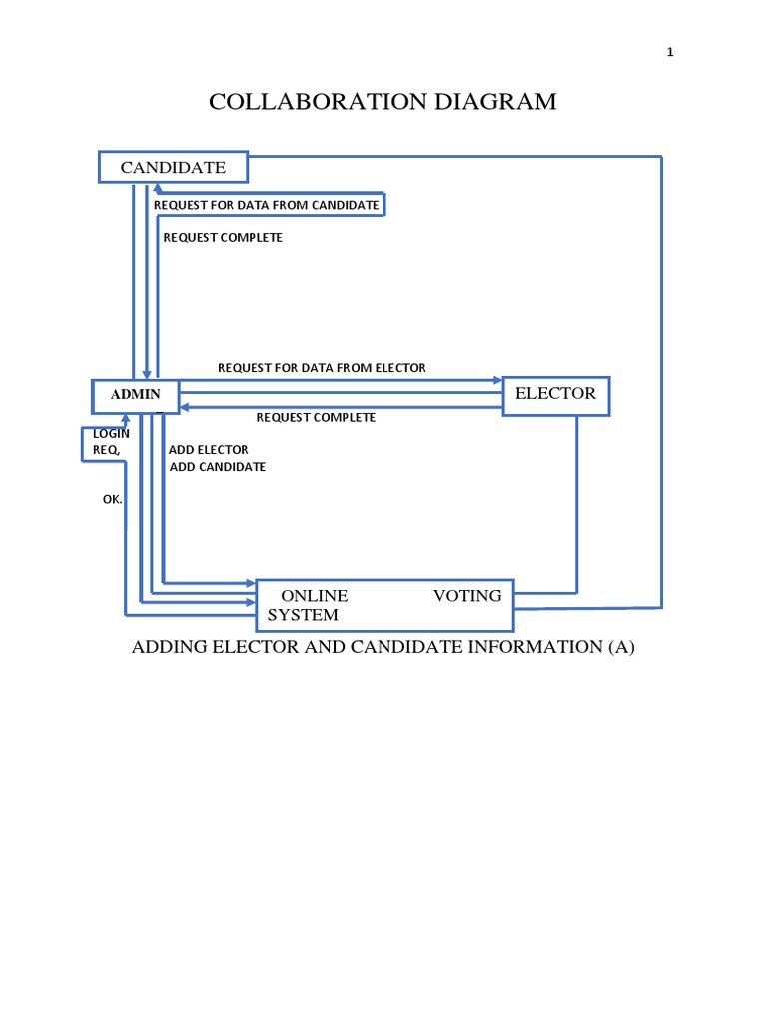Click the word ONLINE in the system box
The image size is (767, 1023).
pyautogui.click(x=315, y=596)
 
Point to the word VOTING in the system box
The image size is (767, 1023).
pyautogui.click(x=467, y=596)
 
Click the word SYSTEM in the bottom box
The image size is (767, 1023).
pyautogui.click(x=303, y=615)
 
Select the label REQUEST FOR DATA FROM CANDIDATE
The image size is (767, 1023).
pyautogui.click(x=266, y=205)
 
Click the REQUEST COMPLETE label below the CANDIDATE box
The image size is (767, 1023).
pyautogui.click(x=223, y=238)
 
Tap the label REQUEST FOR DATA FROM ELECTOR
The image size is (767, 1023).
pyautogui.click(x=322, y=368)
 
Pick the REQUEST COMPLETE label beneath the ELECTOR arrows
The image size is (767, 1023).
pyautogui.click(x=316, y=417)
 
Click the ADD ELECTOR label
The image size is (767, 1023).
pyautogui.click(x=208, y=450)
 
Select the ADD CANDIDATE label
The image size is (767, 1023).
pyautogui.click(x=217, y=467)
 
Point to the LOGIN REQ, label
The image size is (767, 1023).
pyautogui.click(x=111, y=441)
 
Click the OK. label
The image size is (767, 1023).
pyautogui.click(x=112, y=500)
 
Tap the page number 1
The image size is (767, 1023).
pyautogui.click(x=670, y=52)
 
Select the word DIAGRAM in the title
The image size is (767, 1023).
pyautogui.click(x=495, y=102)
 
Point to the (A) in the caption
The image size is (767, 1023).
pyautogui.click(x=621, y=647)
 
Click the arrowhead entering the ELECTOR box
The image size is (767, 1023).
pyautogui.click(x=498, y=380)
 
